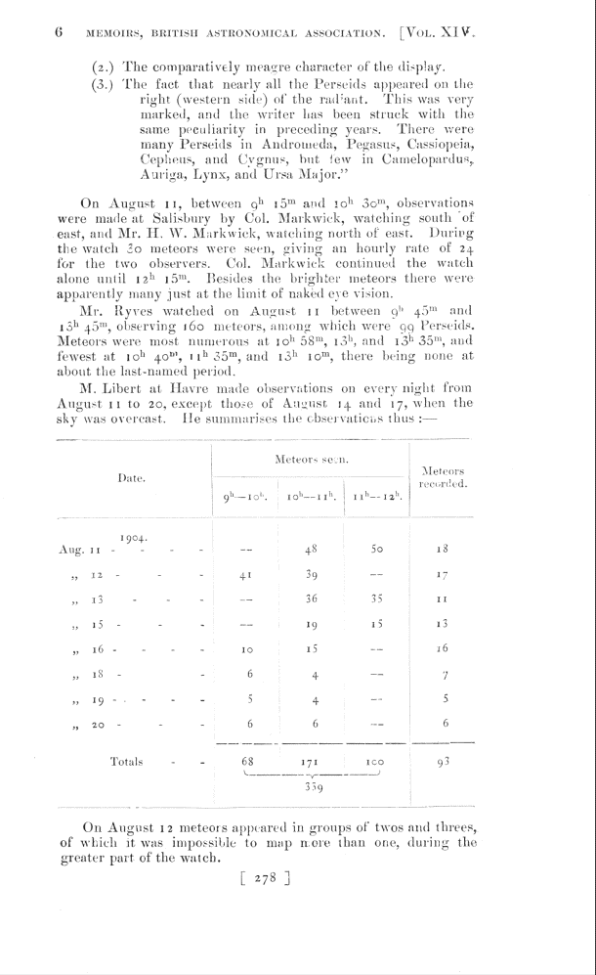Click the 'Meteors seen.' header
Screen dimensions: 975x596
pyautogui.click(x=311, y=458)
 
